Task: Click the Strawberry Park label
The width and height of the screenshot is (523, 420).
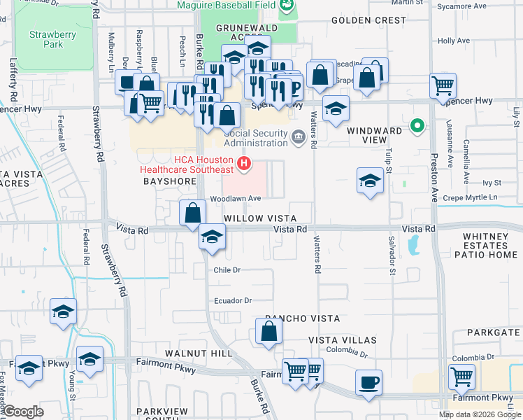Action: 46,39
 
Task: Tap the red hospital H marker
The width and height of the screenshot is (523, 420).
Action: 244,164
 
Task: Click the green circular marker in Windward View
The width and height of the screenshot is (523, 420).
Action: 417,127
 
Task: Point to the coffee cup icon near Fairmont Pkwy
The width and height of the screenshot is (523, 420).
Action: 368,382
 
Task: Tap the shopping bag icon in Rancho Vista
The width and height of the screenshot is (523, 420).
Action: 268,331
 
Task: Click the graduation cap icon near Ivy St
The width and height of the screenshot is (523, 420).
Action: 369,181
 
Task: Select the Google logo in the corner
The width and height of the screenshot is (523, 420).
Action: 23,412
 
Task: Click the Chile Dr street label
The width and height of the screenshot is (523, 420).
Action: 227,269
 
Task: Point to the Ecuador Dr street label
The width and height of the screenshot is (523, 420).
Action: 233,301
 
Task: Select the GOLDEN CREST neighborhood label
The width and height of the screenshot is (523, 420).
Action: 368,21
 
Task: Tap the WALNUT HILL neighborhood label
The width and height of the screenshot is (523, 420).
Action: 199,353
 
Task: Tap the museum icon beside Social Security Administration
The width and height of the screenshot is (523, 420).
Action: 298,135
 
